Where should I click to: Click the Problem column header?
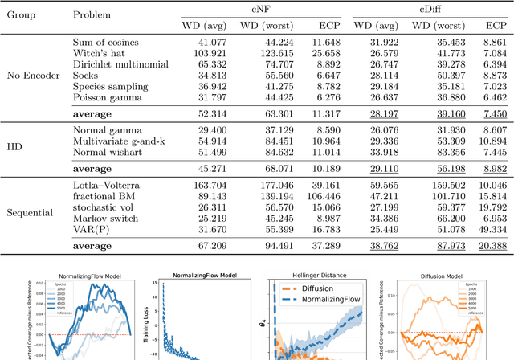pyautogui.click(x=92, y=15)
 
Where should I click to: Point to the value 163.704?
pyautogui.click(x=201, y=183)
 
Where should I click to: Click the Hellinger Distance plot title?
pyautogui.click(x=316, y=276)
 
